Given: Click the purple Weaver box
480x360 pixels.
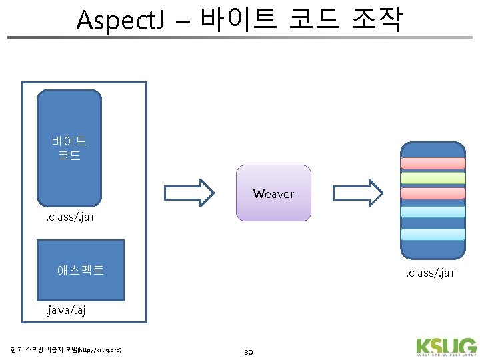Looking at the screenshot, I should coord(273,193).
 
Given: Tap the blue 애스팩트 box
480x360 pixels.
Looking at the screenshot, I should coord(81,270).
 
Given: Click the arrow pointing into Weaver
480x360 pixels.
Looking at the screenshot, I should coord(189,193).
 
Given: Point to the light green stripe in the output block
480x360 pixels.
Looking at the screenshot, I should coord(433,178).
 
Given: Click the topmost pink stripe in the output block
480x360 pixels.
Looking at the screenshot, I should coord(433,163).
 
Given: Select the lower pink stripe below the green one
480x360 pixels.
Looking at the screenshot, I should coord(433,193).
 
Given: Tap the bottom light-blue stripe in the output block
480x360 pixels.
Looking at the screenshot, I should coord(433,234).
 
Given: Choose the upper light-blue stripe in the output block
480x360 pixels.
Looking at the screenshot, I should coord(433,212).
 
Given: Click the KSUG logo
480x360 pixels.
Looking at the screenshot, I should coord(445,348).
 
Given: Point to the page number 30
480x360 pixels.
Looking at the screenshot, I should coord(249,351).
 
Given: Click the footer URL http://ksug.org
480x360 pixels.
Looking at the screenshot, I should coord(100,349).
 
